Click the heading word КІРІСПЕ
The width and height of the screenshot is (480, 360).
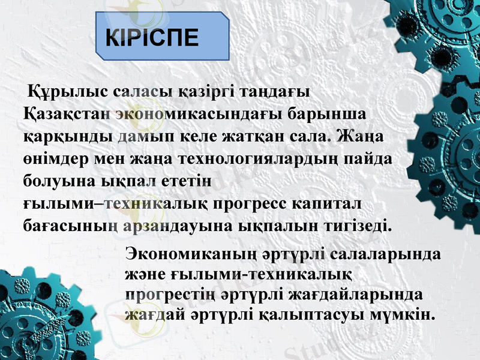[152, 37]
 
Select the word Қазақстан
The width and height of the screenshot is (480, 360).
[65, 115]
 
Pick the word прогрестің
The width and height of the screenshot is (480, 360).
[163, 294]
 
